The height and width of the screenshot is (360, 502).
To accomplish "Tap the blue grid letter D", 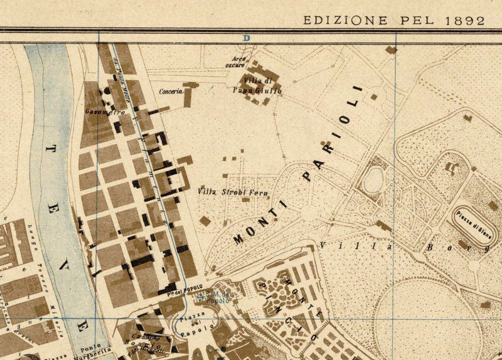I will pos(247,38).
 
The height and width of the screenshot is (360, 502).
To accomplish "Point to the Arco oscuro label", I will pos(235,61).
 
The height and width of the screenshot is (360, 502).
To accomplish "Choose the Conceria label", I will pos(171,91).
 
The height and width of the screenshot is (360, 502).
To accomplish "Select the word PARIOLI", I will pos(332,134).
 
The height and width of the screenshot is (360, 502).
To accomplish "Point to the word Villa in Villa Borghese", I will pos(351,246).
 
